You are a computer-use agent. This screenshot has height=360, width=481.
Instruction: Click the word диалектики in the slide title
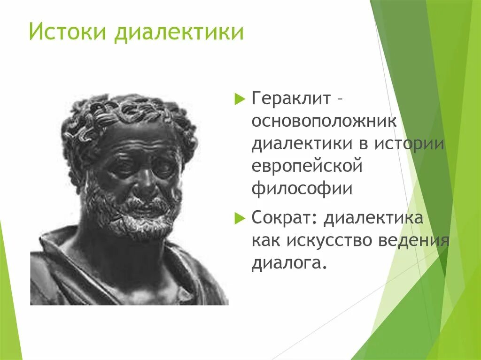tap(179, 33)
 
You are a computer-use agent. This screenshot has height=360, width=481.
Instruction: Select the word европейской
tap(307, 166)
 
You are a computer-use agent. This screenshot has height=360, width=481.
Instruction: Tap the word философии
tap(302, 188)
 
